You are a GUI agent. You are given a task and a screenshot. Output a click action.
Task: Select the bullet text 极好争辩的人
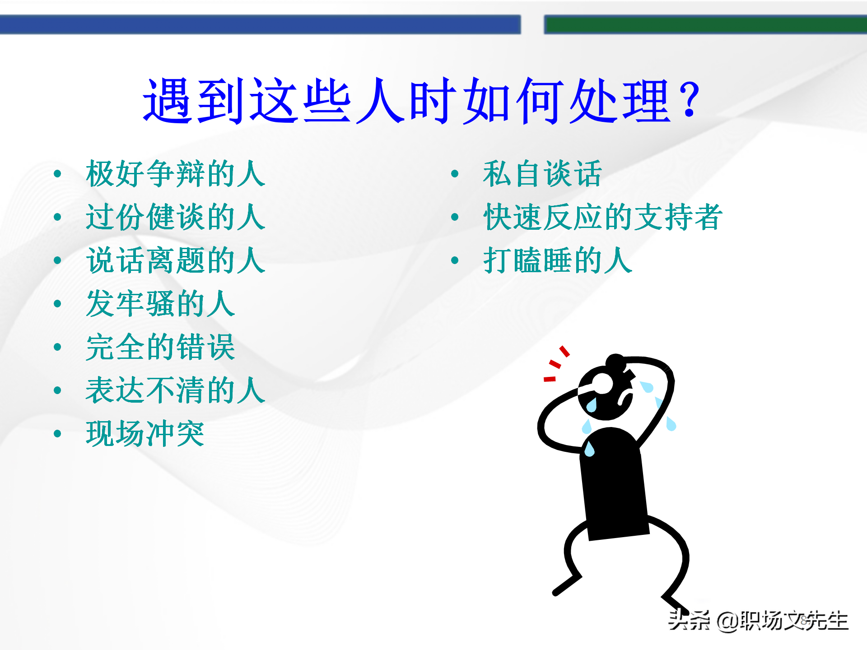(175, 174)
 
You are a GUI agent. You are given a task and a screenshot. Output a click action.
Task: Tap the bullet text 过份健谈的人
(175, 217)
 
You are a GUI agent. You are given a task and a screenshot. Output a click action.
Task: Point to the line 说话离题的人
(175, 260)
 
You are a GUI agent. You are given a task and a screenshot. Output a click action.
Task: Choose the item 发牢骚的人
(160, 304)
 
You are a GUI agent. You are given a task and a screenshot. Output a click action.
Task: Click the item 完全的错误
(160, 347)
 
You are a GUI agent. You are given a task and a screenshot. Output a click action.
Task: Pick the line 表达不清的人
(175, 390)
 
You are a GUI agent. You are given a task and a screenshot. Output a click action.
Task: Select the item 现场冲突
(145, 434)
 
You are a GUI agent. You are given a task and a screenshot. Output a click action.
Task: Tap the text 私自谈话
(542, 174)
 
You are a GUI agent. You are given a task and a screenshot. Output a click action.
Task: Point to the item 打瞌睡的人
(557, 260)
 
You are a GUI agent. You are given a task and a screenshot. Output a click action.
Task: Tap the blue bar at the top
(260, 24)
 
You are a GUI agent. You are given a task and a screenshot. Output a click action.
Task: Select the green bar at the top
(704, 24)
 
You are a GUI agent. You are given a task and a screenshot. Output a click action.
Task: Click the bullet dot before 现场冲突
(57, 434)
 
